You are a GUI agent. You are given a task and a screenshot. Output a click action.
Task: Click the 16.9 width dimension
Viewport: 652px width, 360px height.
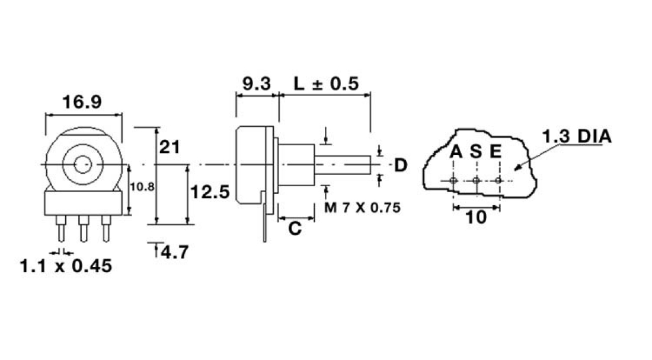click(82, 102)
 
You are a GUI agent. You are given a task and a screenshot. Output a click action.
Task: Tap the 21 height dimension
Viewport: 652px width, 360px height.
click(170, 146)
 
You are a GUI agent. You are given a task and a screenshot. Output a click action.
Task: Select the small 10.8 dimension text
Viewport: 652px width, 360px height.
click(142, 187)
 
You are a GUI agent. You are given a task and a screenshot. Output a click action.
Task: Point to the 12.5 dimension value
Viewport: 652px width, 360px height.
click(209, 192)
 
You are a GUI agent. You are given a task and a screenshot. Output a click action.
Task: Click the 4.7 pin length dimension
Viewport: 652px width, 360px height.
click(174, 252)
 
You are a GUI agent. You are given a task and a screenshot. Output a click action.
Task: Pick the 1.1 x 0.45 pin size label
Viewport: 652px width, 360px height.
click(66, 266)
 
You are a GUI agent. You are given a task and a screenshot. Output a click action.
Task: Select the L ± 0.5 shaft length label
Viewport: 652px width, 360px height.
click(327, 84)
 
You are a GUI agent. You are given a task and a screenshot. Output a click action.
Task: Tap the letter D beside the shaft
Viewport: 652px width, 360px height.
click(401, 165)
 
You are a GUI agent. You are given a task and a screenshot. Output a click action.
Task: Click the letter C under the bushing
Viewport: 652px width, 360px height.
click(295, 228)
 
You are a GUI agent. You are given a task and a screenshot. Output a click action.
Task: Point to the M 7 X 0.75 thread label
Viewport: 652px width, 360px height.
click(362, 208)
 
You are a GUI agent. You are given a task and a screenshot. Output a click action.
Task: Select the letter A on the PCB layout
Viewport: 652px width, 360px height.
click(455, 152)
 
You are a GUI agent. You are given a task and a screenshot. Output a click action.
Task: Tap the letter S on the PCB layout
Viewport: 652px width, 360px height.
click(476, 152)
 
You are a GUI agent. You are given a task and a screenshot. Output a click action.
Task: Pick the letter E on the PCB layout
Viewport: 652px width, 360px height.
click(496, 152)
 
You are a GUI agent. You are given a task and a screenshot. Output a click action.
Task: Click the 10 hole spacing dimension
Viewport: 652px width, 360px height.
click(475, 217)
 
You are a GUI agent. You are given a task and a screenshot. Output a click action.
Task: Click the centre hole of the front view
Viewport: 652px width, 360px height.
click(84, 163)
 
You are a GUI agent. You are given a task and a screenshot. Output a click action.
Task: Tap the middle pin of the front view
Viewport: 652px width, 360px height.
click(84, 228)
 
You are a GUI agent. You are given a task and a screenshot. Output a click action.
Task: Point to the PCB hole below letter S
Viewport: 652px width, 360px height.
click(476, 180)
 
